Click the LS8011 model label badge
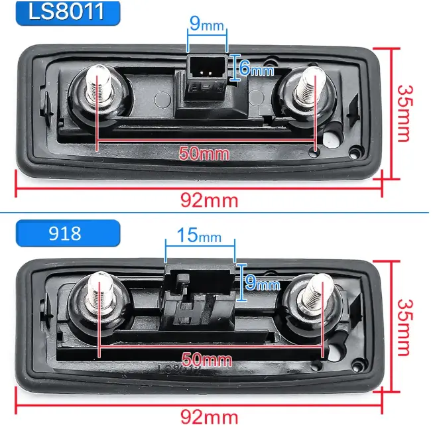pyautogui.click(x=68, y=13)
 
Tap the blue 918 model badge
pyautogui.click(x=68, y=233)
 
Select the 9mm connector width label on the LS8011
pyautogui.click(x=207, y=24)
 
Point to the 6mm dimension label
pyautogui.click(x=256, y=68)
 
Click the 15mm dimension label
pyautogui.click(x=199, y=235)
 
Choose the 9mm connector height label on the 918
pyautogui.click(x=263, y=282)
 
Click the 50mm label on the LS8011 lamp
pyautogui.click(x=204, y=153)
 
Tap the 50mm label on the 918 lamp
pyautogui.click(x=207, y=359)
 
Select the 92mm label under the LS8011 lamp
pyautogui.click(x=210, y=200)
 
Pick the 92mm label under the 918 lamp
pyautogui.click(x=210, y=417)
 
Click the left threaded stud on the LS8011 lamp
pyautogui.click(x=99, y=84)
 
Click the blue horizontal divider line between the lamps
pyautogui.click(x=214, y=213)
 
